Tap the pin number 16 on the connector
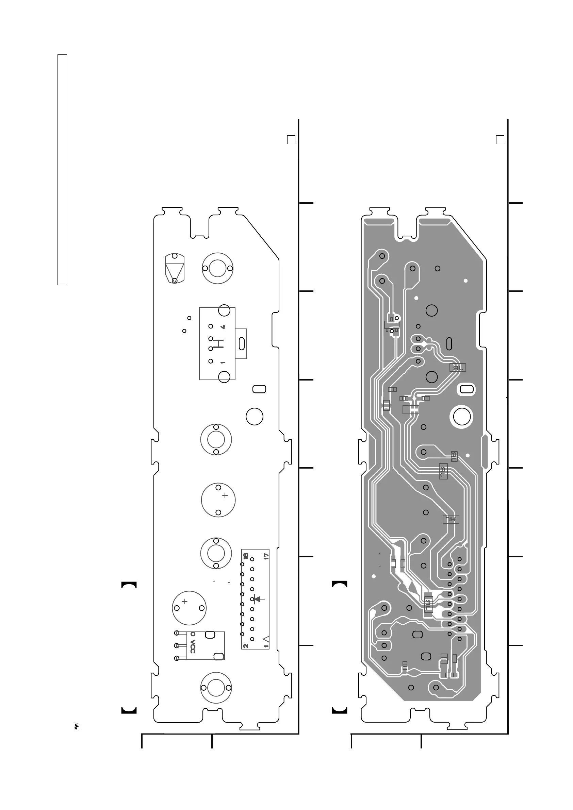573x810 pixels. pos(246,556)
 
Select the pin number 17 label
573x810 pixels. pos(266,556)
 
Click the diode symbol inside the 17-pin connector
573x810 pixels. pos(258,599)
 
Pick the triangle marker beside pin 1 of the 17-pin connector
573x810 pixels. pos(266,639)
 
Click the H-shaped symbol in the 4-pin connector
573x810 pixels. pos(219,343)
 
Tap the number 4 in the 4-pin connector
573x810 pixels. pos(223,327)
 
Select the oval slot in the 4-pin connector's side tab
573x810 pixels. pos(242,344)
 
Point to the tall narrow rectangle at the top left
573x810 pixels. pos(62,169)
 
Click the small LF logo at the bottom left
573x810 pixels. pos(77,727)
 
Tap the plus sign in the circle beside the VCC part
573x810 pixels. pos(184,602)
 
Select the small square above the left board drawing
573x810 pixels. pos(291,140)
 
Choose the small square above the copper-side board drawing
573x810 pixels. pos(500,140)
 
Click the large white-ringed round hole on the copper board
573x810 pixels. pos(462,417)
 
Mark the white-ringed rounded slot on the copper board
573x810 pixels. pos(466,389)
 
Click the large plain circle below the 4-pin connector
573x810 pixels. pos(255,417)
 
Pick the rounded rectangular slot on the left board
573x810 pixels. pos(259,389)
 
